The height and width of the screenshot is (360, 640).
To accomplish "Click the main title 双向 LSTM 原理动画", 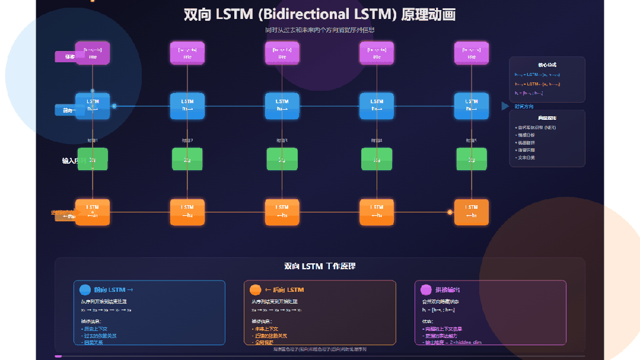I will pos(320,15).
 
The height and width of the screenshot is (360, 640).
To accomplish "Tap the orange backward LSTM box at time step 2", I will pos(187,212).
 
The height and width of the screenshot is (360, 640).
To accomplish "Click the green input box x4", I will pos(377,159).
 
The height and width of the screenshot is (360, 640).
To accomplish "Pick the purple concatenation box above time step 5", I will pos(471,53).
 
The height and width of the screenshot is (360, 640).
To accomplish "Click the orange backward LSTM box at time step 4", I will pos(377,212).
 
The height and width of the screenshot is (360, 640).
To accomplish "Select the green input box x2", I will pos(187,159).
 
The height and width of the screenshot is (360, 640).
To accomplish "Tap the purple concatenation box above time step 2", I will pos(187,53).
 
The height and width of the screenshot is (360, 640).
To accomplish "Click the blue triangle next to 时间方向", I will pos(505,106).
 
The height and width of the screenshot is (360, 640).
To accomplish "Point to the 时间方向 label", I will pos(524,107).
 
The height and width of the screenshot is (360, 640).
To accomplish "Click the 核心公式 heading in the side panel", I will pos(547,65).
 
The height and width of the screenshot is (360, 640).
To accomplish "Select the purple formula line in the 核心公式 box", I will pos(529,93).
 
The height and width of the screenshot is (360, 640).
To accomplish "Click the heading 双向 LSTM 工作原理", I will pos(320,266).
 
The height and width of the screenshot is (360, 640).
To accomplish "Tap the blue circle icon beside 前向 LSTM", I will pos(85,290).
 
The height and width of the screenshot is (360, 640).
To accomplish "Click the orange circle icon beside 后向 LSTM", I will pos(255,290).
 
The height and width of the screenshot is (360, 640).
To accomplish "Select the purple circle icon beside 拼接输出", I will pos(425,290).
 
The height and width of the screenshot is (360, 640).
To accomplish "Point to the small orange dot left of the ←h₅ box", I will pos(450,212).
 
